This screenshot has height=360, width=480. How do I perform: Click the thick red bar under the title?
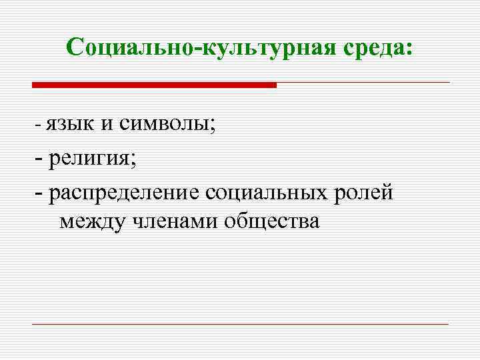click(154, 85)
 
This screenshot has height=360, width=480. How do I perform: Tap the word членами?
click(175, 221)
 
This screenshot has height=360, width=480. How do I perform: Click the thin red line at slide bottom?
click(240, 324)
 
